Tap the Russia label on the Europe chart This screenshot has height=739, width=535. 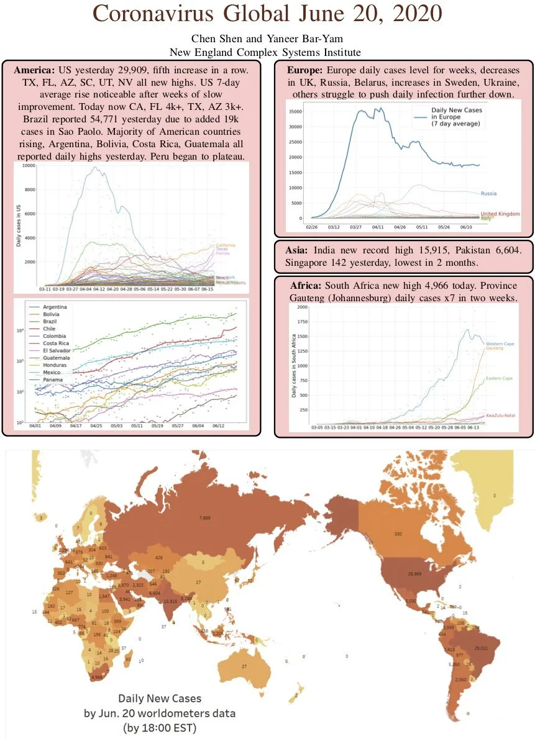pyautogui.click(x=488, y=194)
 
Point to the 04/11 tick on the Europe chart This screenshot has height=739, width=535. pyautogui.click(x=378, y=228)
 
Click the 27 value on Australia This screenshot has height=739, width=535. pyautogui.click(x=245, y=666)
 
